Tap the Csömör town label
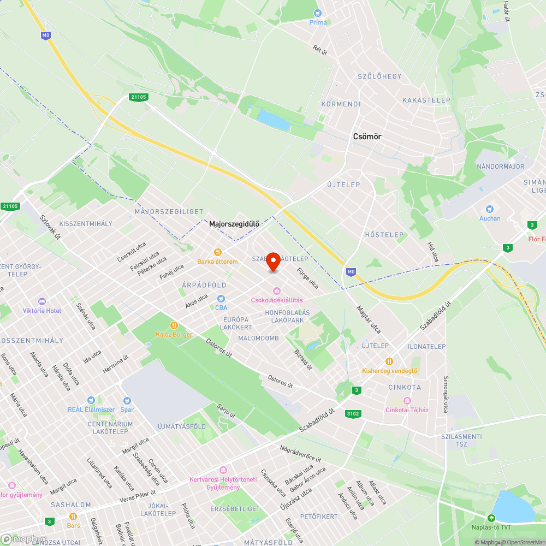tap(367, 137)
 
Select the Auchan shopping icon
tap(490, 209)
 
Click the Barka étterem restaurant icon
tap(217, 252)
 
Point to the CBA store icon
tap(221, 299)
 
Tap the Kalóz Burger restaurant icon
tap(174, 325)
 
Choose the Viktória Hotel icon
tap(42, 301)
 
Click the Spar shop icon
tap(127, 401)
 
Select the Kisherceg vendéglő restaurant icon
tap(389, 361)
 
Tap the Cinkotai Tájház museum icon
tap(407, 401)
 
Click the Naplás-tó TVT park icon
tap(491, 518)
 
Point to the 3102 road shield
tap(353, 414)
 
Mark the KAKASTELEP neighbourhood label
tap(426, 100)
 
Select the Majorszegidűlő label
tap(234, 224)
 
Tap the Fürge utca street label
tap(307, 278)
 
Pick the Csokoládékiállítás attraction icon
tap(277, 291)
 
